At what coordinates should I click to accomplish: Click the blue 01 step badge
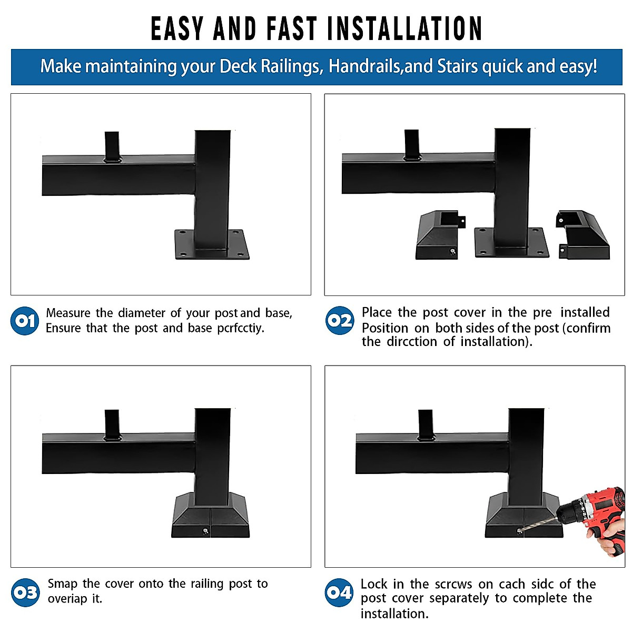pyautogui.click(x=24, y=321)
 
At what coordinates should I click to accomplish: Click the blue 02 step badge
pyautogui.click(x=339, y=320)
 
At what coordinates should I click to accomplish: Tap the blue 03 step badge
pyautogui.click(x=25, y=592)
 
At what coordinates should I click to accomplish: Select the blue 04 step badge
pyautogui.click(x=339, y=592)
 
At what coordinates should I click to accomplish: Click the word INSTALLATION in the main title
pyautogui.click(x=404, y=29)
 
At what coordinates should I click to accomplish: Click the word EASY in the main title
pyautogui.click(x=177, y=29)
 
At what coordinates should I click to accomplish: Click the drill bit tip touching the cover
pyautogui.click(x=520, y=530)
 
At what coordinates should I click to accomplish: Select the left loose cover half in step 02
pyautogui.click(x=437, y=237)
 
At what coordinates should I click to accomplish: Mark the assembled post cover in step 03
pyautogui.click(x=211, y=519)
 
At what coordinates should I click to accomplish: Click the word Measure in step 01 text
pyautogui.click(x=68, y=313)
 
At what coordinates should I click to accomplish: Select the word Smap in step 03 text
pyautogui.click(x=63, y=584)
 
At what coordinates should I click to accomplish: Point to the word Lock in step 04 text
pyautogui.click(x=374, y=584)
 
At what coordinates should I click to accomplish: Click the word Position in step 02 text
pyautogui.click(x=384, y=328)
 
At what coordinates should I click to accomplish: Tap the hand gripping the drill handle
pyautogui.click(x=611, y=542)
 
